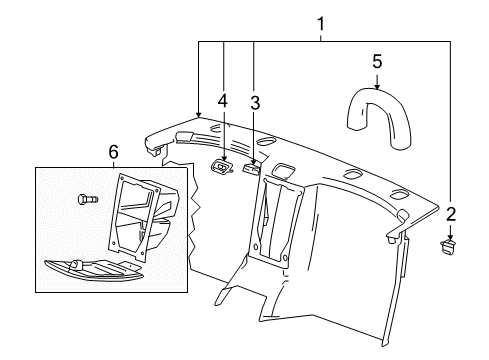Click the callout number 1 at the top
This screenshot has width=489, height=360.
point(321,22)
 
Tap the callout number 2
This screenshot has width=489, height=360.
point(451,213)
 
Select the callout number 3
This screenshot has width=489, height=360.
point(255,102)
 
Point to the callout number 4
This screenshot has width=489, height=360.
point(224,100)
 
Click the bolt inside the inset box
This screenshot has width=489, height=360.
point(86,200)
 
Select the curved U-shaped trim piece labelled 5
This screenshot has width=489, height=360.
point(379,108)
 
